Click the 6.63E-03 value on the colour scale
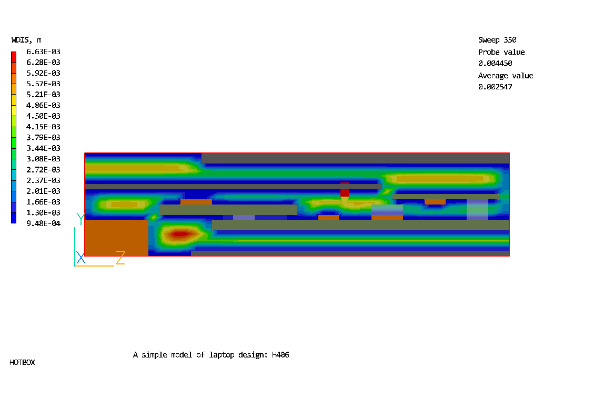point(43,52)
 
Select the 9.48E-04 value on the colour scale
point(43,223)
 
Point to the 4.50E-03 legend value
point(43,116)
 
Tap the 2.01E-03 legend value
point(43,191)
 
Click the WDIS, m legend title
point(26,40)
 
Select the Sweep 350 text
point(497,40)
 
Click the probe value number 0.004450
point(495,63)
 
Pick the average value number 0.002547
point(495,87)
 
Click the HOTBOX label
point(22,362)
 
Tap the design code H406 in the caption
point(280,354)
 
